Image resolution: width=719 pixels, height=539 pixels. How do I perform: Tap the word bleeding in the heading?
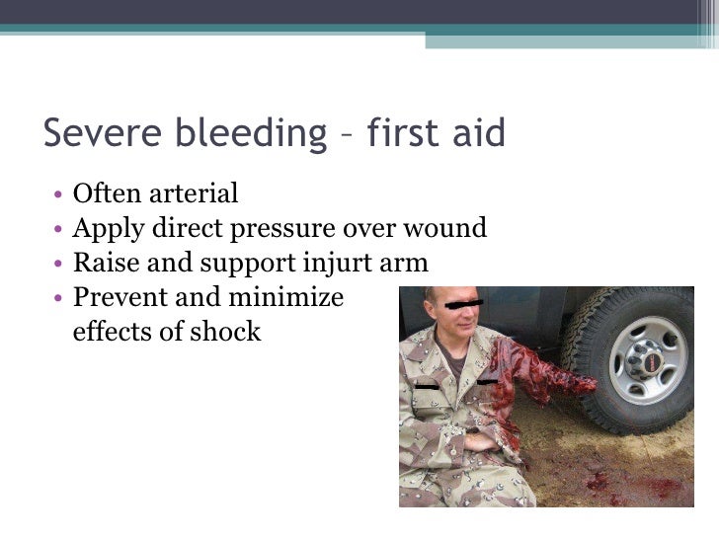(242, 132)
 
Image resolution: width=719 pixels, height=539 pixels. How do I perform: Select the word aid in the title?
(476, 132)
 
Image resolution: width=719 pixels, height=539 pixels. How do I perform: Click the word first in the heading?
(400, 132)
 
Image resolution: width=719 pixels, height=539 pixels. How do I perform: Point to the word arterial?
(192, 193)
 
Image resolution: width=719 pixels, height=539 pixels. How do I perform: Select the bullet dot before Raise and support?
(60, 265)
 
